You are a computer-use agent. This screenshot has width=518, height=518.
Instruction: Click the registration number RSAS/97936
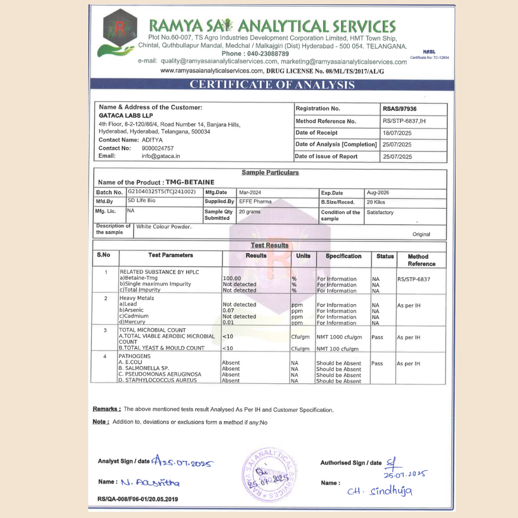[400, 109]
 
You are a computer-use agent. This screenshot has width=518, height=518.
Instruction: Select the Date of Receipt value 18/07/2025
[397, 133]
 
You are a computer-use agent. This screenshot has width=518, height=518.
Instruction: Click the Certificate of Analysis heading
[272, 85]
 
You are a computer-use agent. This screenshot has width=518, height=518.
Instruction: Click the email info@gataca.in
[160, 156]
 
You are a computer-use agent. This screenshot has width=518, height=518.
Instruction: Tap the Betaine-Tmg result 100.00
[232, 278]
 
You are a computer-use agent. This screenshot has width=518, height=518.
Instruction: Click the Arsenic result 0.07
[228, 310]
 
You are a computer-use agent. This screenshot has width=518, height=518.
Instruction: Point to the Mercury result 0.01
[228, 322]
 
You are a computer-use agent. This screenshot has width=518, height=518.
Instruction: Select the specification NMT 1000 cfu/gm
[339, 337]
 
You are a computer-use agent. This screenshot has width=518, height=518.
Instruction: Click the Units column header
[303, 256]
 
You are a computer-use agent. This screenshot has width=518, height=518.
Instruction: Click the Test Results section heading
[270, 246]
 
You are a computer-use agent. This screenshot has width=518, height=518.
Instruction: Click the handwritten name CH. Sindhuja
[380, 491]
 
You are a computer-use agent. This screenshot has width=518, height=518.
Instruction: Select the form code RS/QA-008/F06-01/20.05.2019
[138, 499]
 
